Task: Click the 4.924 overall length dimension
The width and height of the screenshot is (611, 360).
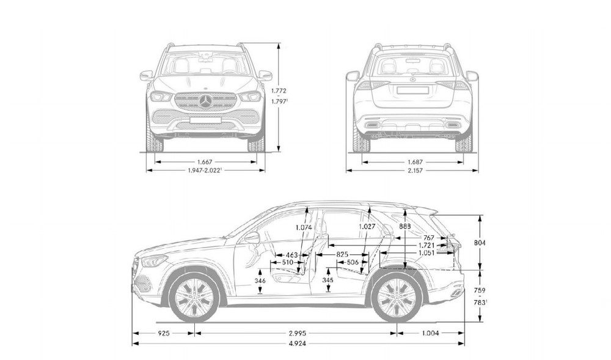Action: coord(298,343)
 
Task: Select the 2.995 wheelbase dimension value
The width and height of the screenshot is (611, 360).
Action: coord(298,333)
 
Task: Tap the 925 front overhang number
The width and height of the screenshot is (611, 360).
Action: coord(164,333)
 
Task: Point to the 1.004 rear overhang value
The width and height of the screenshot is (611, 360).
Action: coord(430,333)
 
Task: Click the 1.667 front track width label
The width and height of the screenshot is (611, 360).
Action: coord(205,162)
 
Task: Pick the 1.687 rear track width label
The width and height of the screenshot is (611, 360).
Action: coord(415,162)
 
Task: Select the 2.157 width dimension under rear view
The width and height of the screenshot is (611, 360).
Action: coord(415,171)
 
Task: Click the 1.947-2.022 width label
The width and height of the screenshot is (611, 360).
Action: coord(205,171)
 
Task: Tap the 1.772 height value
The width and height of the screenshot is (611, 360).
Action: coord(279,91)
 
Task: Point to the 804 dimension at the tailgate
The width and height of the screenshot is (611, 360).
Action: coord(480,243)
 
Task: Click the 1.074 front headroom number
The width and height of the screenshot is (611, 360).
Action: coord(304,227)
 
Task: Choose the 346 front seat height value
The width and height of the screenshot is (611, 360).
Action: coord(260,281)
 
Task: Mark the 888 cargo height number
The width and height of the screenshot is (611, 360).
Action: coord(405,226)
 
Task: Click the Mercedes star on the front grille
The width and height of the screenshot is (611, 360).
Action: coord(206,101)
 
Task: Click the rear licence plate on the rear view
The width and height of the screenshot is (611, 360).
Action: coord(412,90)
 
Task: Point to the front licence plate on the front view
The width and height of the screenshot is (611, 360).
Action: coord(205,120)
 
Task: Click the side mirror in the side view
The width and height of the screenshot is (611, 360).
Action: coord(252,237)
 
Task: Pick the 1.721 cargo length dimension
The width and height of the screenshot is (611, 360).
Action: coord(426,246)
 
